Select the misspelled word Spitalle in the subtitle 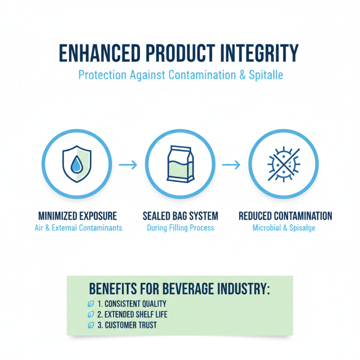[266, 75]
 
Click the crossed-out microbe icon [283, 165]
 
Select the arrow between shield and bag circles [128, 165]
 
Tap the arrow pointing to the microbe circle [232, 165]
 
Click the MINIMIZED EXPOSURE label [78, 216]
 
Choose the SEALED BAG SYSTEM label [180, 216]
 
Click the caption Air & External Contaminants [78, 228]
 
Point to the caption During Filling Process [180, 228]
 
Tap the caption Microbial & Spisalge [284, 228]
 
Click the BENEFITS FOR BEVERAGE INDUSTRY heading [179, 288]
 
